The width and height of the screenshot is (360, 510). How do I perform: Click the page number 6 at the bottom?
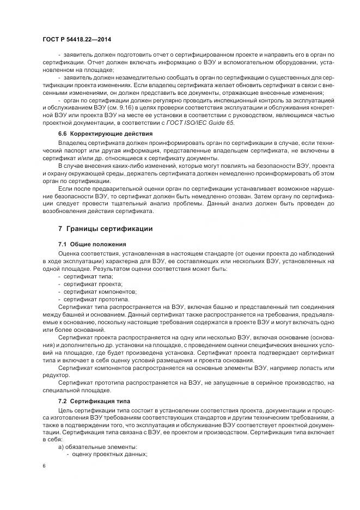tap(44, 466)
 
